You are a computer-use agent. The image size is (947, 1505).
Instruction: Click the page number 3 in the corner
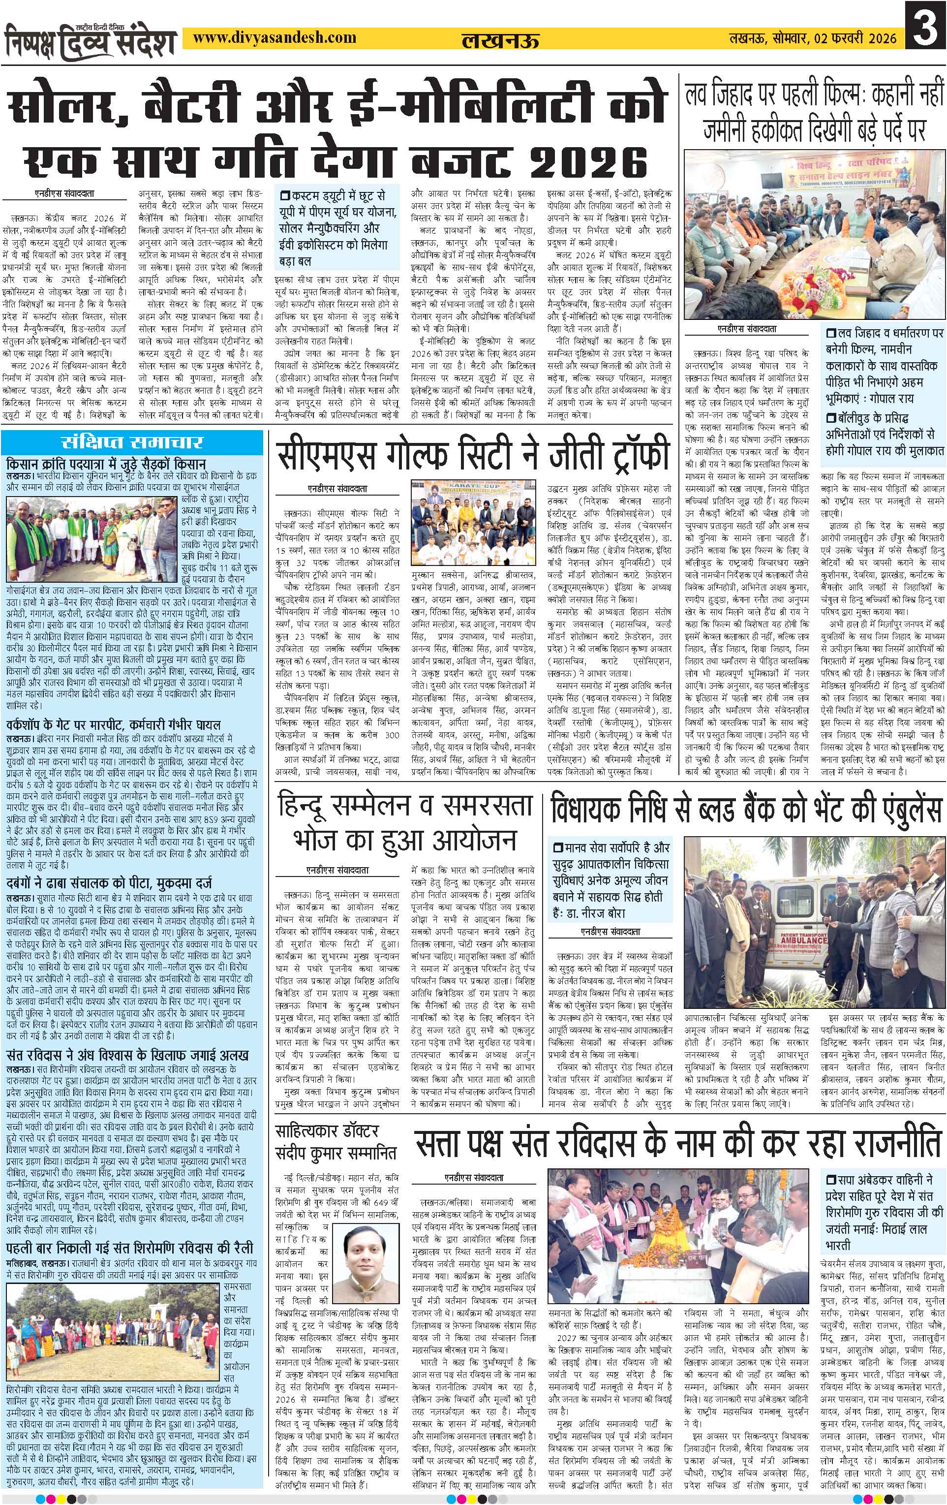924,37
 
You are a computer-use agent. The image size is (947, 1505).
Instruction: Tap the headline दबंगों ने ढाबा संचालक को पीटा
109,882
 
